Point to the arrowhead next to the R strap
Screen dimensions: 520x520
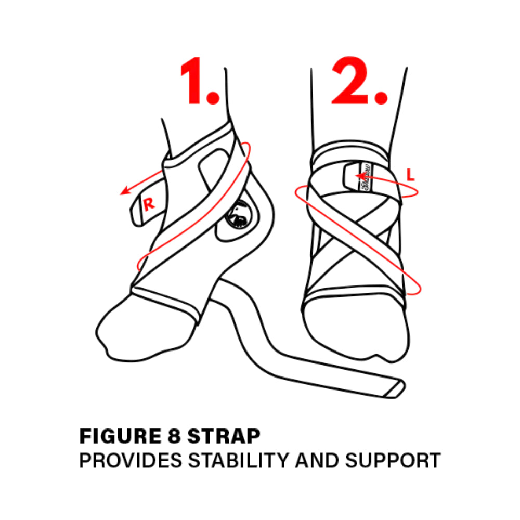click(x=124, y=192)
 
